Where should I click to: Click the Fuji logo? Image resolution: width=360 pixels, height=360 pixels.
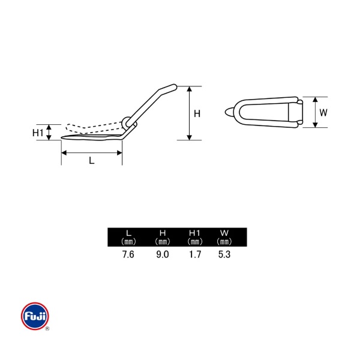click(35, 316)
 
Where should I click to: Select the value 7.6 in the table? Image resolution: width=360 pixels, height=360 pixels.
click(128, 254)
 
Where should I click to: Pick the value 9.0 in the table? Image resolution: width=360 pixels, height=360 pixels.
click(163, 254)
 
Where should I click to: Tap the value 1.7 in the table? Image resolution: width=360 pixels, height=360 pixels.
click(195, 254)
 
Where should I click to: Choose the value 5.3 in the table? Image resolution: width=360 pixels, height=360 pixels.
click(224, 254)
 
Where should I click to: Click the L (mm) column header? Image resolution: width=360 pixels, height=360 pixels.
click(128, 237)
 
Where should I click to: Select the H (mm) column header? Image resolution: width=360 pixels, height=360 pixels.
click(163, 237)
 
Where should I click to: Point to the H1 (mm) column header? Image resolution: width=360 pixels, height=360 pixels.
click(195, 237)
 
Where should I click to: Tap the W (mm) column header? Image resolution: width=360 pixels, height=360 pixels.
click(224, 237)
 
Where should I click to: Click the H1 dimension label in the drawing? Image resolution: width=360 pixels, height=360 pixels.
click(38, 133)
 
